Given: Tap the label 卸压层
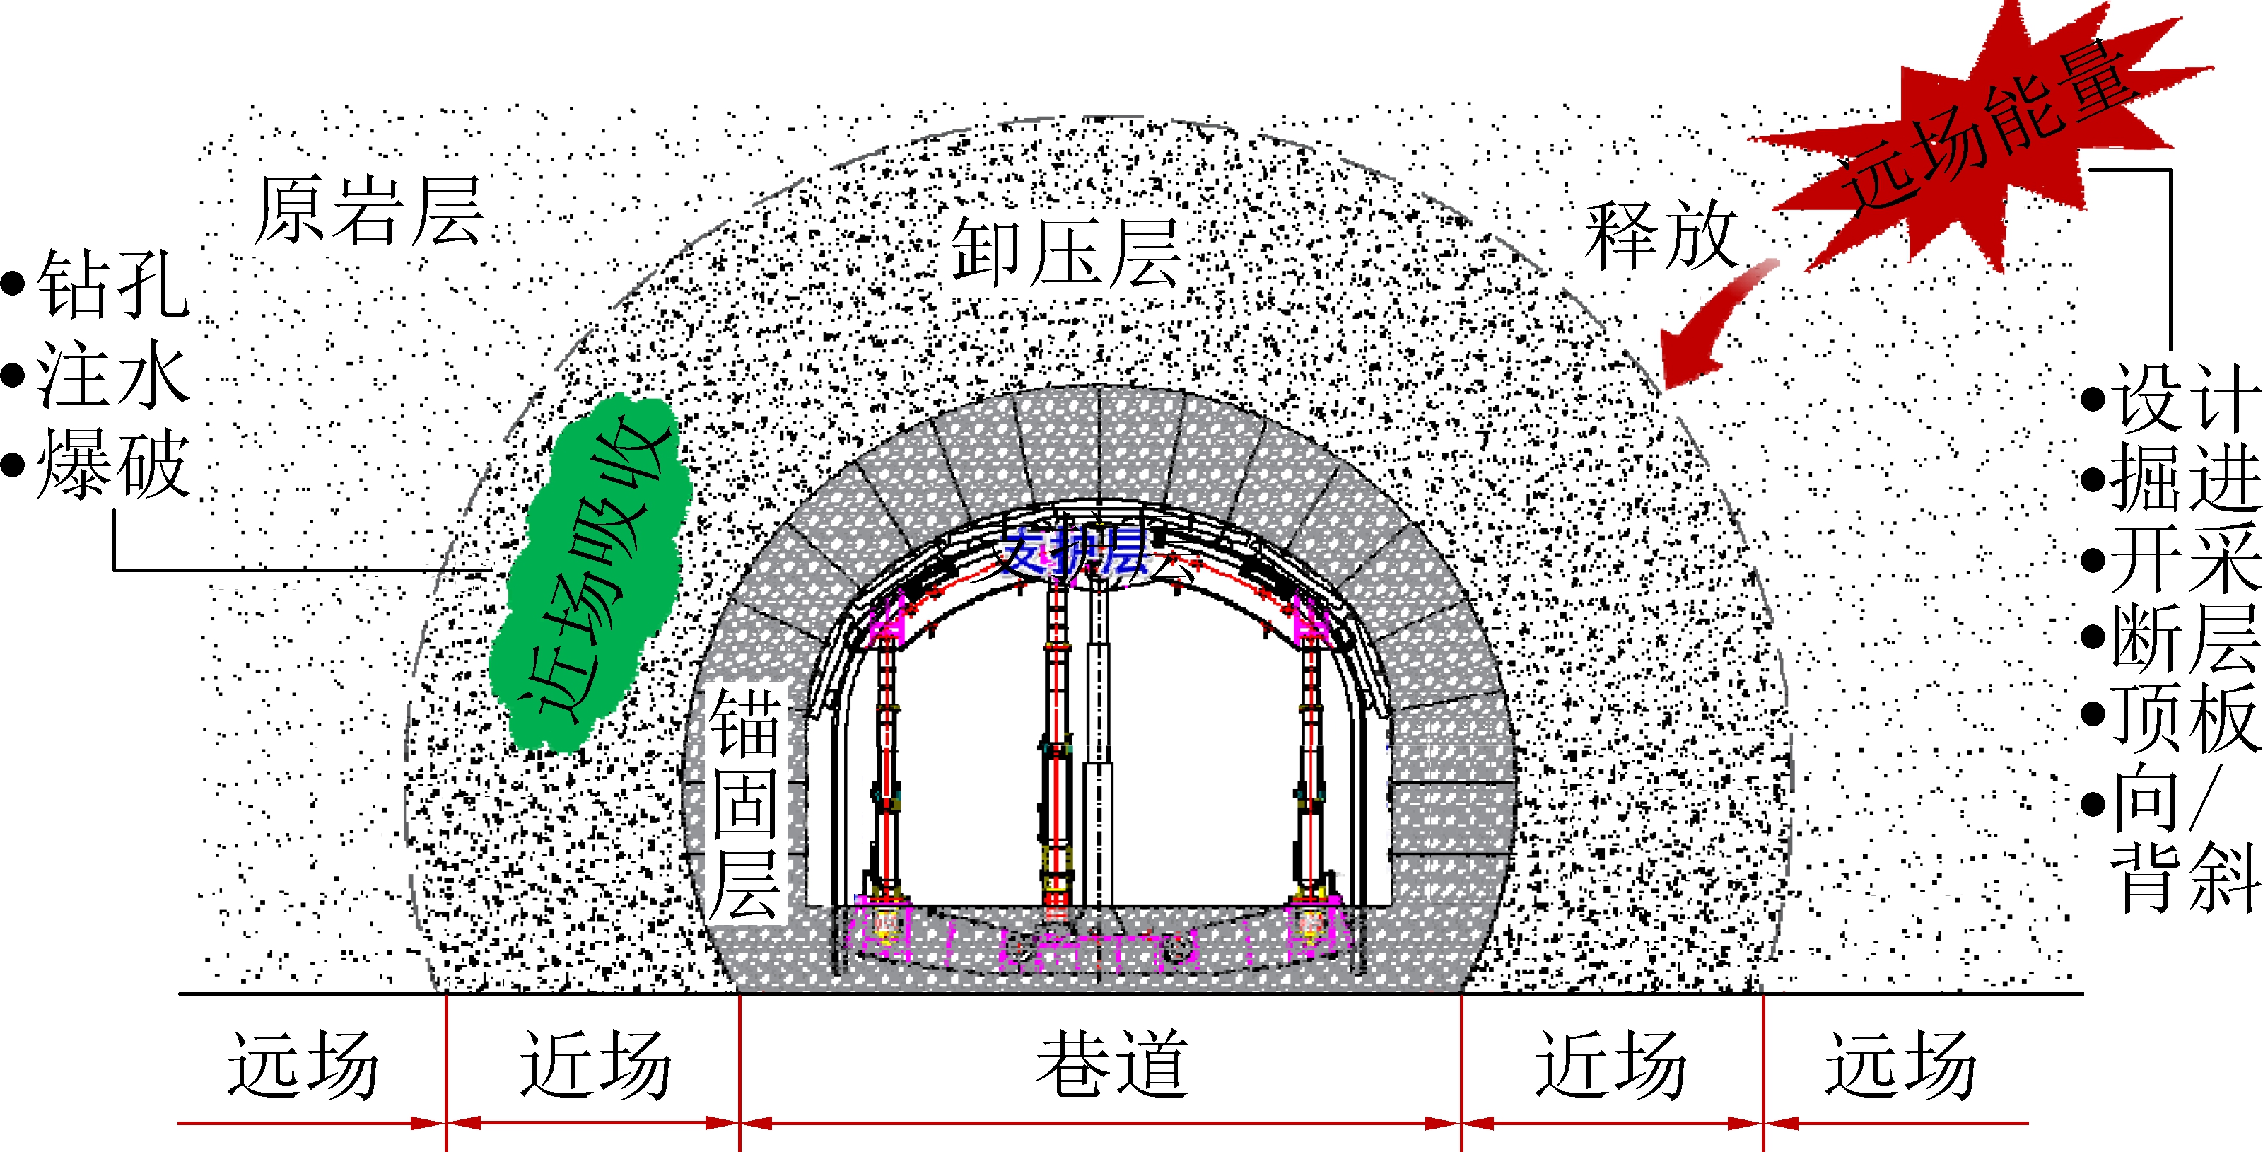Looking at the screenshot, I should pyautogui.click(x=1065, y=253).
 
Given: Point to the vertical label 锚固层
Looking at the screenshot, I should pyautogui.click(x=745, y=801).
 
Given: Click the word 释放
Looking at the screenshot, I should pyautogui.click(x=1661, y=235).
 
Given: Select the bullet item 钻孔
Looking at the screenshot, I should pyautogui.click(x=112, y=283).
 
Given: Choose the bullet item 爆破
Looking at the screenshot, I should pyautogui.click(x=112, y=464).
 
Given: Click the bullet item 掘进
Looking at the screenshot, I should pyautogui.click(x=2184, y=478).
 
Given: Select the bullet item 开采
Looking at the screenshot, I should pyautogui.click(x=2184, y=559).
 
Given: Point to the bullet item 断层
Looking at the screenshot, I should pyautogui.click(x=2184, y=637).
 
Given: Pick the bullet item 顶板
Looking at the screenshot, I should pyautogui.click(x=2184, y=716).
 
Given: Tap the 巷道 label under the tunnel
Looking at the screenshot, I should pyautogui.click(x=1112, y=1065).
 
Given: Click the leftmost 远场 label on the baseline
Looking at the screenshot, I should pyautogui.click(x=303, y=1065).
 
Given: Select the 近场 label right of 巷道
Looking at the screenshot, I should pyautogui.click(x=1610, y=1065).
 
